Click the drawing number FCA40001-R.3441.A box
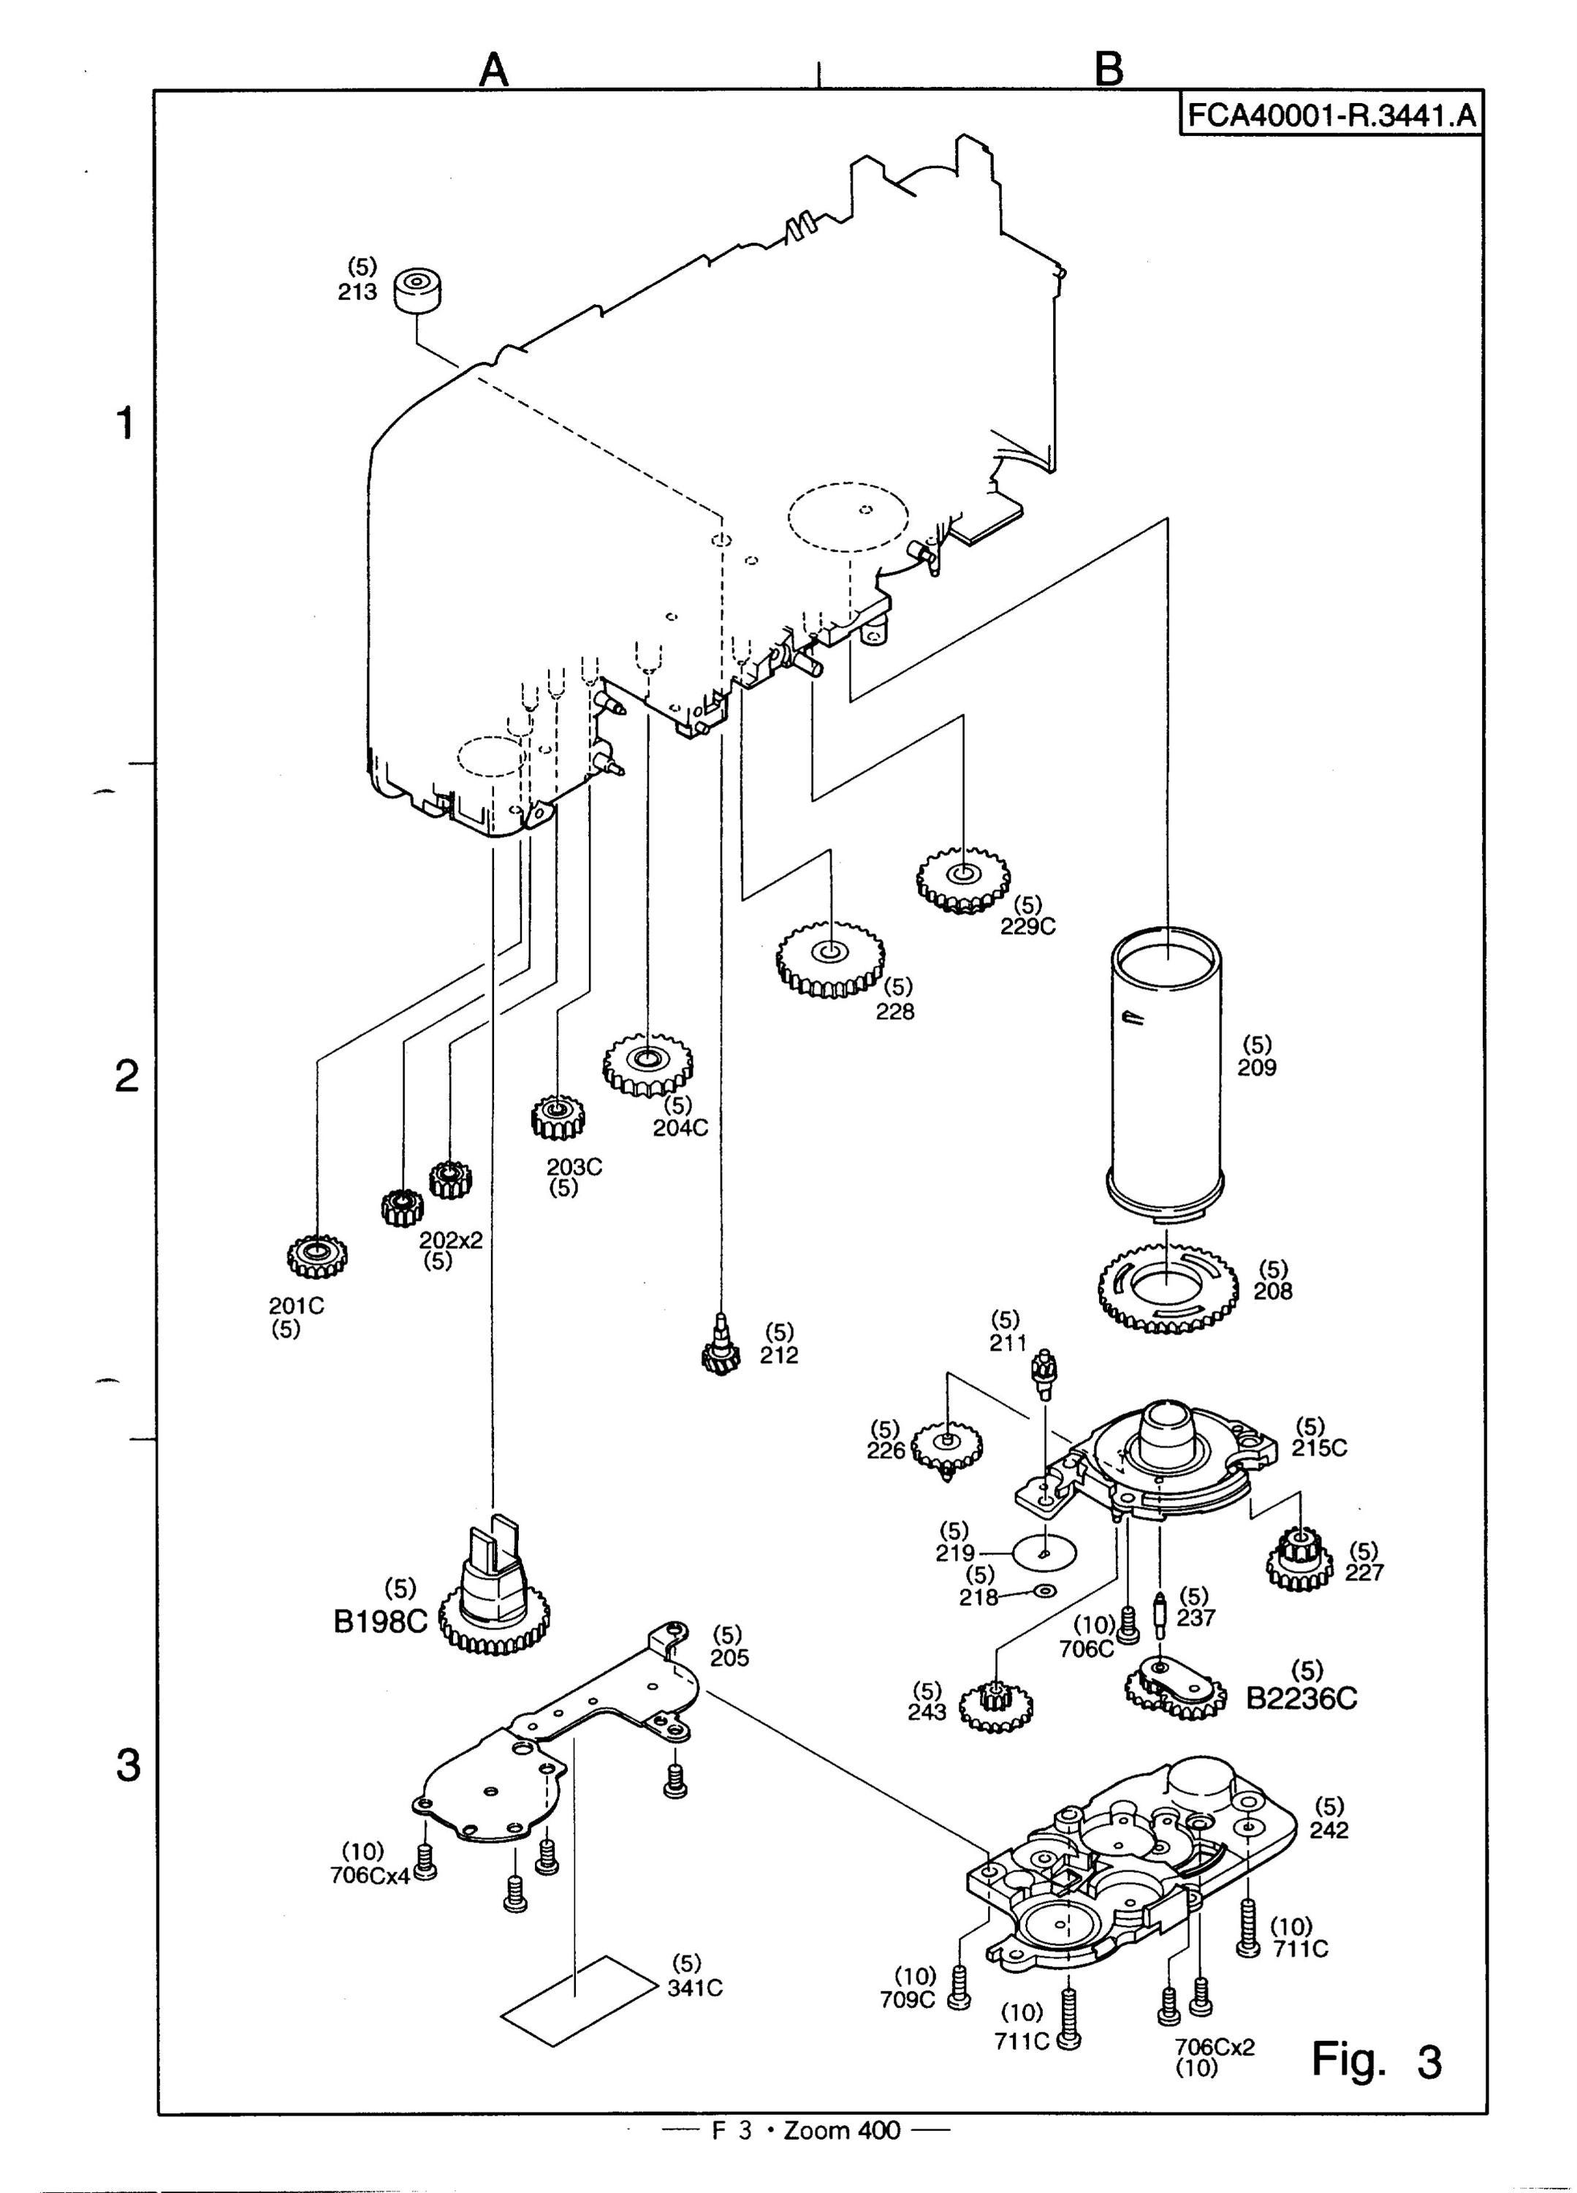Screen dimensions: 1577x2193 point(1331,115)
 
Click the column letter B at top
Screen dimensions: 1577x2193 point(1110,69)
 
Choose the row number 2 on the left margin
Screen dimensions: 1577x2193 point(126,1077)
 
